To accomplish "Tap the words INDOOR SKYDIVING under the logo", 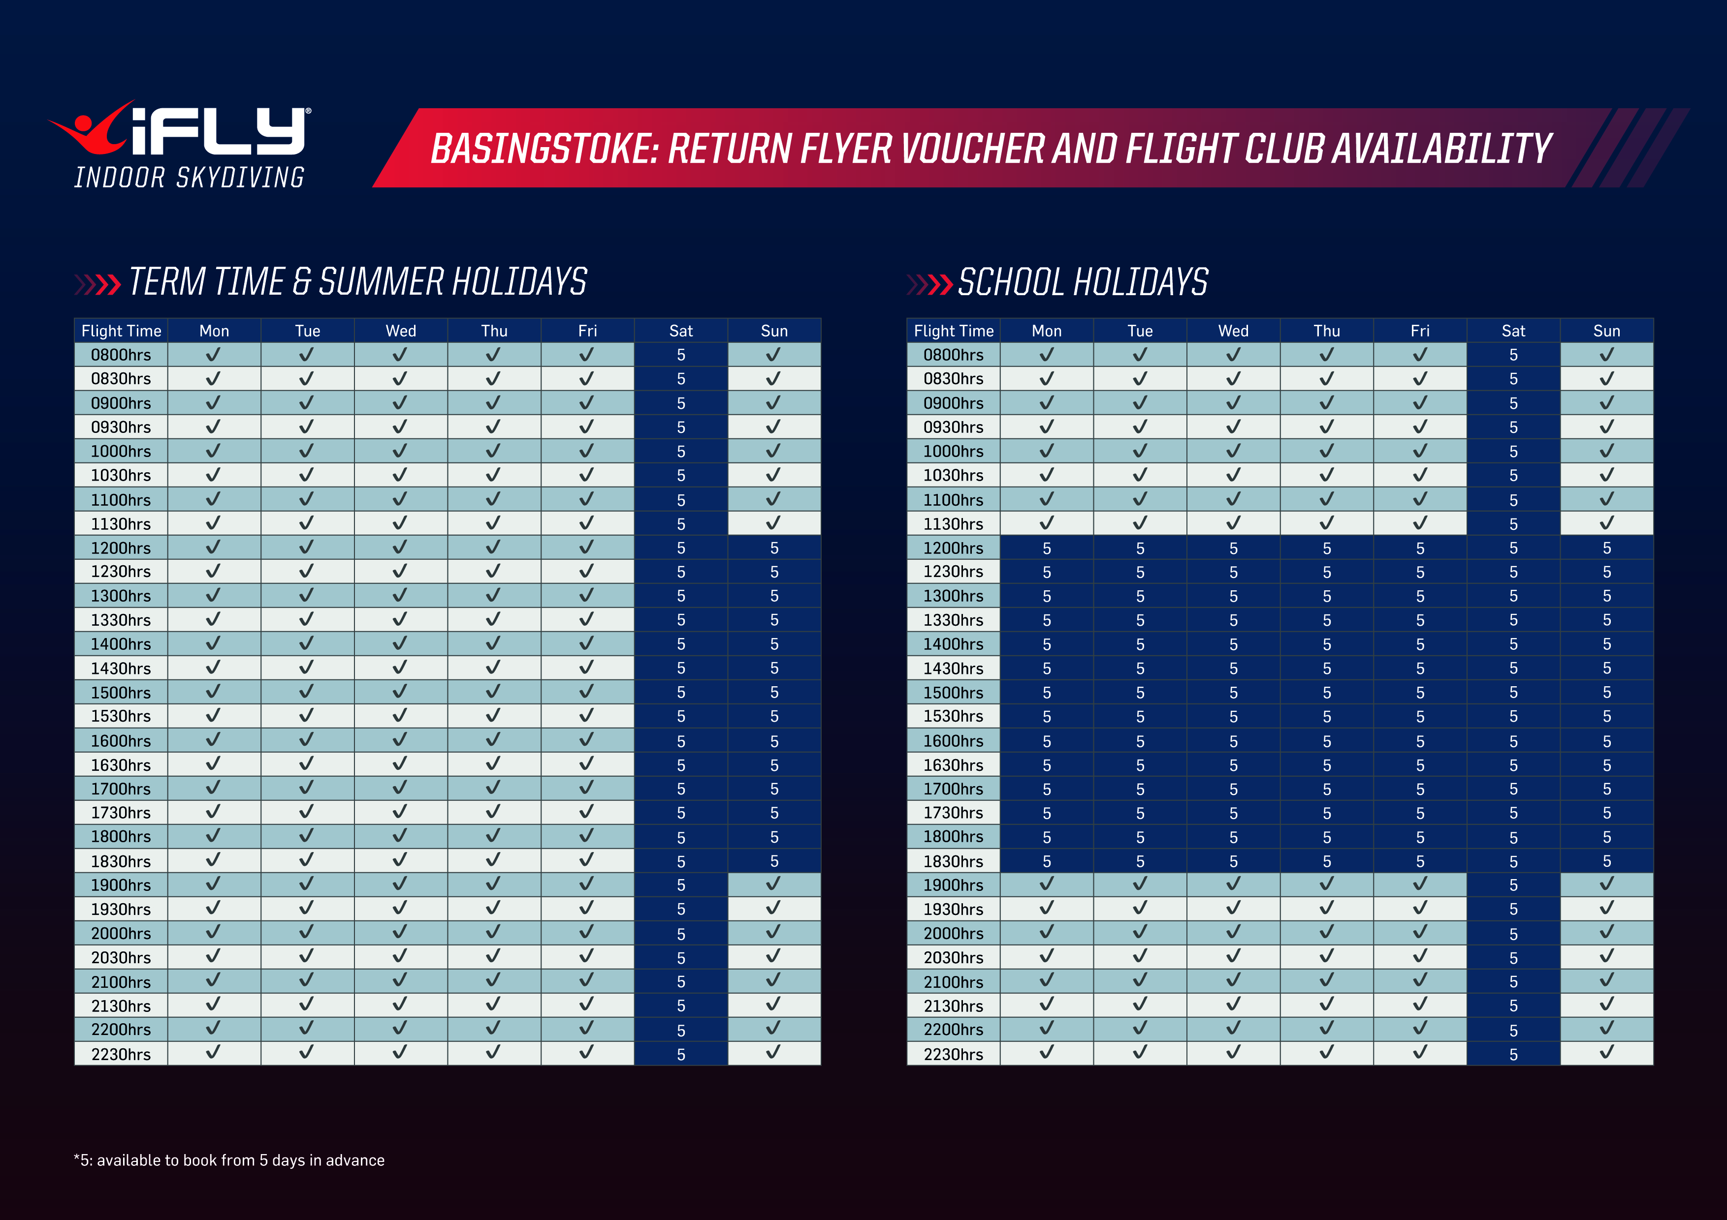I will point(190,178).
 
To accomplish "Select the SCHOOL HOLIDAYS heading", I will point(1083,283).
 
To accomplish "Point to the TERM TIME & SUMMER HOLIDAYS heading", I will point(357,283).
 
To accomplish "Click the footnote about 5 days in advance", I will point(229,1160).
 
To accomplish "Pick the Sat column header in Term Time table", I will point(681,331).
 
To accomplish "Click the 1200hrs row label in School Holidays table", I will point(953,548).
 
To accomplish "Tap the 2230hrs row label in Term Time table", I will point(121,1054).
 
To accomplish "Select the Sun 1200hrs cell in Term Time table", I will point(774,548).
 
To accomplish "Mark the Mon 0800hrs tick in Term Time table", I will point(214,354).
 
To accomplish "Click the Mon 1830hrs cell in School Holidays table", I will point(1046,861).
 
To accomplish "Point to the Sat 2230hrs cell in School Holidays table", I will point(1513,1054).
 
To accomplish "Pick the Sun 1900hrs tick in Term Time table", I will point(773,884).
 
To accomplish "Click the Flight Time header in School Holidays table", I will point(953,331).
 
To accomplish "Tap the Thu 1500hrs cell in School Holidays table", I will point(1326,692).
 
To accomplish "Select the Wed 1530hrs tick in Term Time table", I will point(400,716).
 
